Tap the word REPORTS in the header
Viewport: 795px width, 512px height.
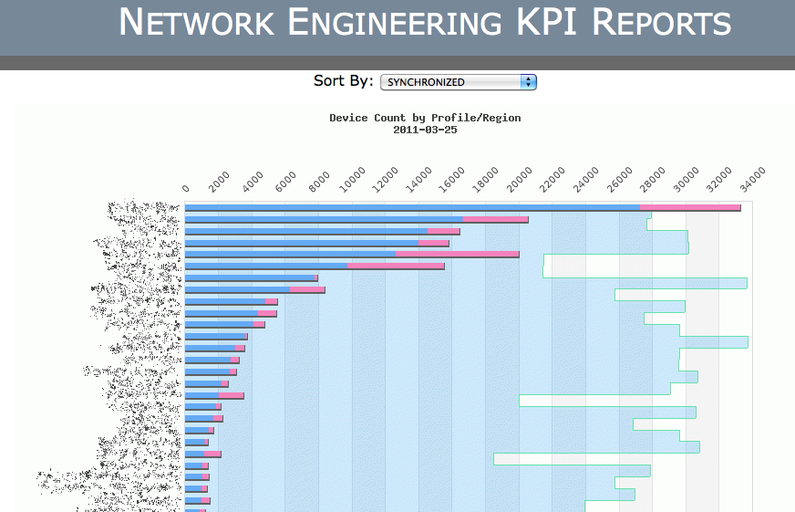pyautogui.click(x=662, y=23)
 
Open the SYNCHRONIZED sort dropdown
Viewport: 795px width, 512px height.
pyautogui.click(x=458, y=82)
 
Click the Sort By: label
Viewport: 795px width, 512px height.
pyautogui.click(x=344, y=81)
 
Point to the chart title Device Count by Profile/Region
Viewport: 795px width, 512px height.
pyautogui.click(x=425, y=118)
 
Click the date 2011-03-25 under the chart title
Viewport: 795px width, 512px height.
pyautogui.click(x=425, y=130)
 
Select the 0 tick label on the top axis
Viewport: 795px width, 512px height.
pyautogui.click(x=187, y=188)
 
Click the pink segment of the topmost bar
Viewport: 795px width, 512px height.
pyautogui.click(x=690, y=208)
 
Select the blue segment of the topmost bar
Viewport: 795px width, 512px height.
pyautogui.click(x=410, y=208)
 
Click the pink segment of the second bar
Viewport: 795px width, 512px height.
pyautogui.click(x=495, y=220)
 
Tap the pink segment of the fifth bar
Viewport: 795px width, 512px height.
pyautogui.click(x=457, y=255)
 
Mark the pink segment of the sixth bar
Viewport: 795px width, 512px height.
pyautogui.click(x=396, y=266)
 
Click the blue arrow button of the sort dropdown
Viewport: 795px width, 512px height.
pyautogui.click(x=528, y=82)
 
